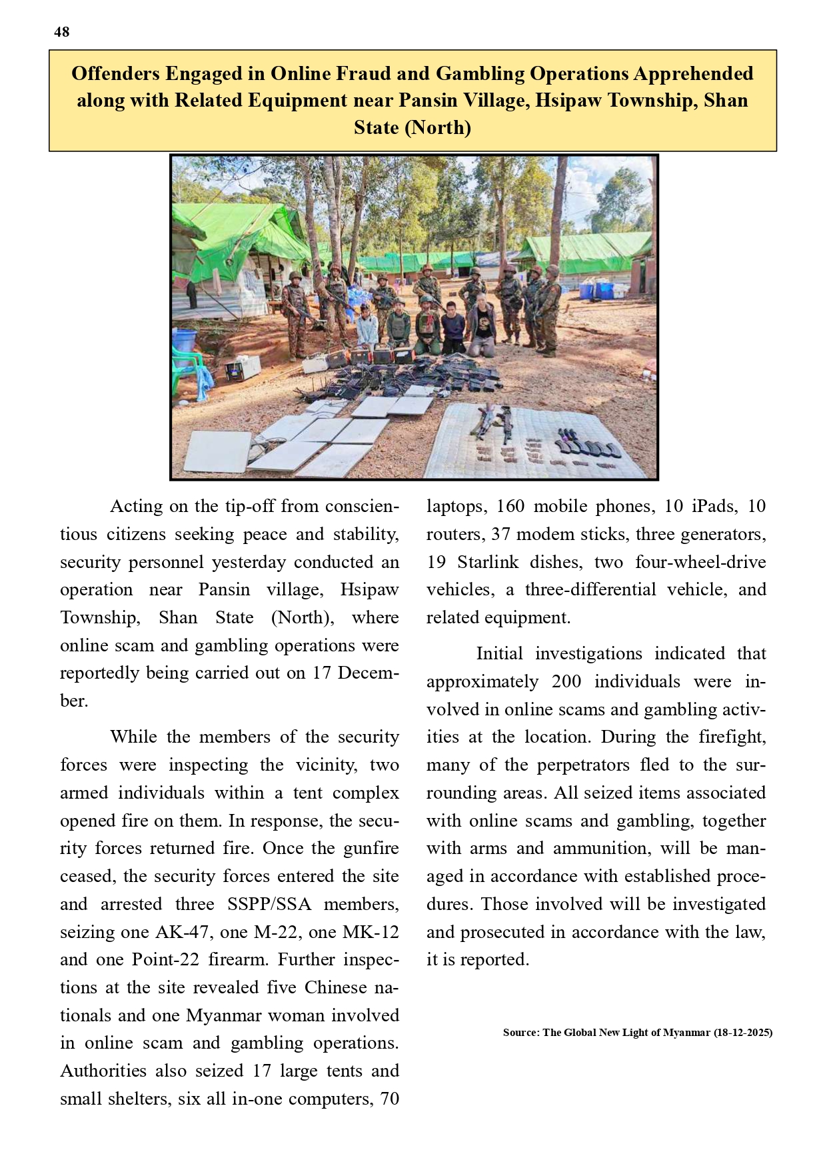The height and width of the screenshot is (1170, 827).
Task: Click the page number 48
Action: pos(61,32)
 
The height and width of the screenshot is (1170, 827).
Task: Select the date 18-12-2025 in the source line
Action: pos(742,1032)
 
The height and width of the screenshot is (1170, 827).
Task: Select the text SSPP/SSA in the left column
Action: pos(269,903)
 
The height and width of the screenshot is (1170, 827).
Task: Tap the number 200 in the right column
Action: pos(566,681)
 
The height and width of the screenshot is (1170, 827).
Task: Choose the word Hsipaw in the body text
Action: pos(369,590)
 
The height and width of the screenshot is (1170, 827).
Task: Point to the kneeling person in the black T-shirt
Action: pos(482,327)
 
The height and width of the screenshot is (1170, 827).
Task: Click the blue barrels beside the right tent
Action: pos(596,290)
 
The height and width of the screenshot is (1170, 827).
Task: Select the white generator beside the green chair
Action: pos(243,367)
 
